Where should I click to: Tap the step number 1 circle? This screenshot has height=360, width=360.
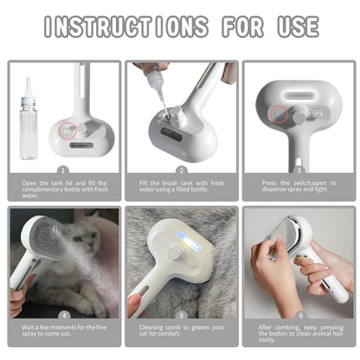pyautogui.click(x=63, y=170)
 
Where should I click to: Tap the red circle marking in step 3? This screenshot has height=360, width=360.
pyautogui.click(x=279, y=112)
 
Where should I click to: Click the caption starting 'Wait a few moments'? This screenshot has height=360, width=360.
pyautogui.click(x=63, y=332)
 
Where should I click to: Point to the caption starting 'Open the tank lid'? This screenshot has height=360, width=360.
pyautogui.click(x=63, y=188)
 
